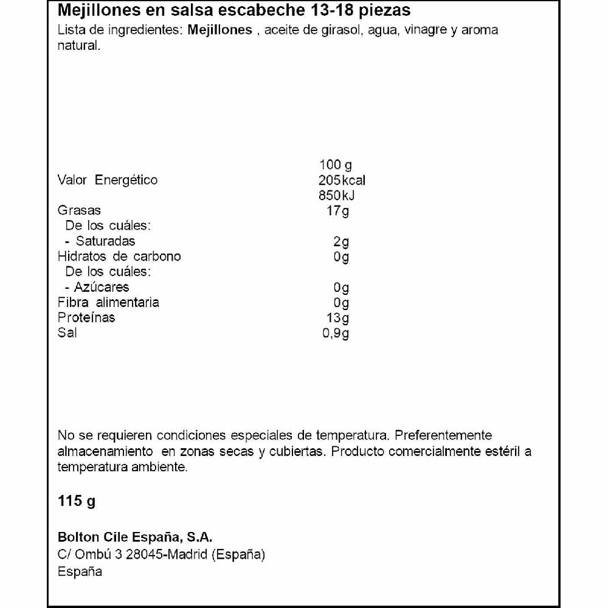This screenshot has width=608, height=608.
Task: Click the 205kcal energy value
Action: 342,180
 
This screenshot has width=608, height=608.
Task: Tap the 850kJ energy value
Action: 337,195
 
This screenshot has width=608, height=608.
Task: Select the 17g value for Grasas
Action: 339,211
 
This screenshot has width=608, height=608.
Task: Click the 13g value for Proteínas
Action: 339,317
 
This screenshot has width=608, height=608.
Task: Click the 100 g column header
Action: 336,165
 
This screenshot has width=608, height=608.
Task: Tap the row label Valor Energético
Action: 107,180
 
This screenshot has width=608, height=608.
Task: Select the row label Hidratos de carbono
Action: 119,257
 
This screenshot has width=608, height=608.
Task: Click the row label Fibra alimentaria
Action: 108,302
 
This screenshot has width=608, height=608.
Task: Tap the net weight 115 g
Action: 77,502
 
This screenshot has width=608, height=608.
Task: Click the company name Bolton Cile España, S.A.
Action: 134,537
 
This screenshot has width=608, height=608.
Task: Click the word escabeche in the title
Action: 264,11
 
